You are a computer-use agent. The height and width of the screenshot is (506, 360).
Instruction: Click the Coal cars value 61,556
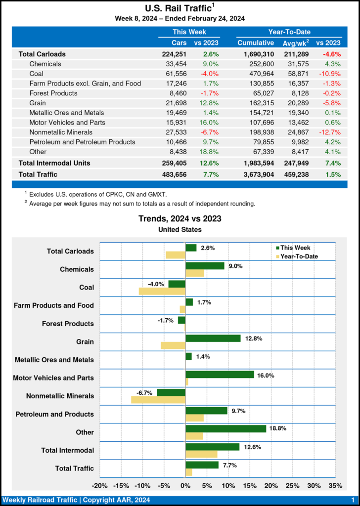pyautogui.click(x=177, y=74)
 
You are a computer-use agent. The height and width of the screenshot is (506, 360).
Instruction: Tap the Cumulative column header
pyautogui.click(x=255, y=43)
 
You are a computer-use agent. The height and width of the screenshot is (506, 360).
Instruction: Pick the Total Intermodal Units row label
pyautogui.click(x=54, y=163)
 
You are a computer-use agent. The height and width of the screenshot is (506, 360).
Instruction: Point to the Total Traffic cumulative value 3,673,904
pyautogui.click(x=255, y=174)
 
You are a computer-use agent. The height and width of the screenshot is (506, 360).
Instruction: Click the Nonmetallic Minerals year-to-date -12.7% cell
pyautogui.click(x=329, y=132)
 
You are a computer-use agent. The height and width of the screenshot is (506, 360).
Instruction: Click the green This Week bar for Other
pyautogui.click(x=225, y=428)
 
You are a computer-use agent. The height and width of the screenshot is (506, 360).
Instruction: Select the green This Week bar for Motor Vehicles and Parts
pyautogui.click(x=220, y=375)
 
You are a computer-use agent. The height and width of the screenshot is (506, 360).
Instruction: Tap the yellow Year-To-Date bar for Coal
pyautogui.click(x=162, y=291)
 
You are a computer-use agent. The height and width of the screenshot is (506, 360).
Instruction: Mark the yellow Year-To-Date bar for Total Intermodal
pyautogui.click(x=201, y=454)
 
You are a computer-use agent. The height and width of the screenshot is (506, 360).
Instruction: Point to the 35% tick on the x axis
pyautogui.click(x=335, y=486)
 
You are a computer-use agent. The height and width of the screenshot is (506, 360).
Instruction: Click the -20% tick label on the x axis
pyautogui.click(x=100, y=486)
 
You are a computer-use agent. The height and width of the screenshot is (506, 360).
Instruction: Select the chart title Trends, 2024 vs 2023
pyautogui.click(x=180, y=218)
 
